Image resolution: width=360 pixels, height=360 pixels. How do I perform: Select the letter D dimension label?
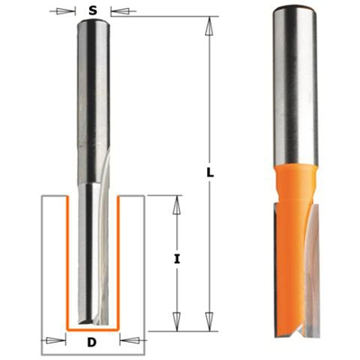[94, 342]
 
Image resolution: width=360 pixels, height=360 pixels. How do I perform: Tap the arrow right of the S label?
[114, 11]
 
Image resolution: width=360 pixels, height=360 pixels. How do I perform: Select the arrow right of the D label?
[127, 341]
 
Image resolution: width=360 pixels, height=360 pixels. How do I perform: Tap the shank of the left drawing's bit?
[94, 81]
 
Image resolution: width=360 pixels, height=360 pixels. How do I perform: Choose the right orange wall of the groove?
[118, 261]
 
